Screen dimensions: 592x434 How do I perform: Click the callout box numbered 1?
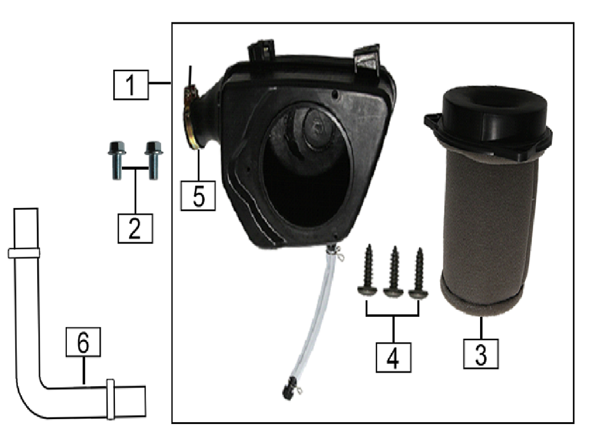(x=131, y=85)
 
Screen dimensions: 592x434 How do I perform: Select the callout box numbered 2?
(x=135, y=228)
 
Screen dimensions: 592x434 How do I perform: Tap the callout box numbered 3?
(x=481, y=354)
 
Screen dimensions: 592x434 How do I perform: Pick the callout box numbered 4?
(x=394, y=358)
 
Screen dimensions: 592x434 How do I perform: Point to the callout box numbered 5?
(x=198, y=195)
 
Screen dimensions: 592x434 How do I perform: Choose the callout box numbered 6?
(x=83, y=342)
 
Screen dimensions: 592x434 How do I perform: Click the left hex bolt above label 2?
(x=117, y=160)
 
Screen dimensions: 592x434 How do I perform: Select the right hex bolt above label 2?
(x=153, y=160)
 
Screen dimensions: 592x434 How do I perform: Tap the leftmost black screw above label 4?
(x=368, y=271)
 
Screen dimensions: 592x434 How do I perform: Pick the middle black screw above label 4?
(x=394, y=272)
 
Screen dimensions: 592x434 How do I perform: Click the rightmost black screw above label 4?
(x=419, y=273)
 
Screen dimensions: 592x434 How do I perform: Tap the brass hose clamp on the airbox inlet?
(x=191, y=119)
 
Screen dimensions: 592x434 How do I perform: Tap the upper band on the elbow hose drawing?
(x=24, y=253)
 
